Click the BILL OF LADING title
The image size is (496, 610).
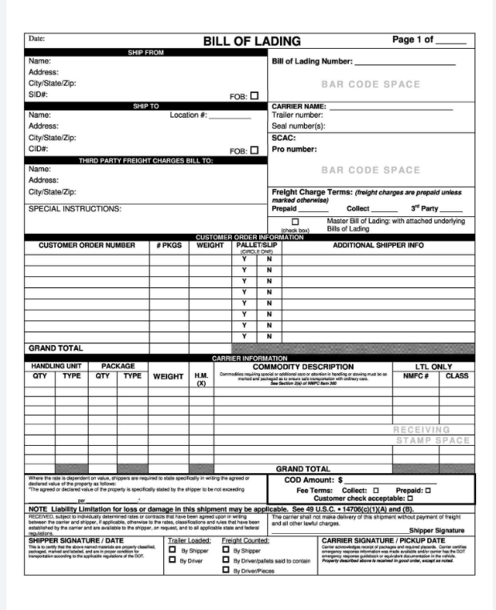[251, 41]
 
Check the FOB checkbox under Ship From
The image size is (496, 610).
[254, 95]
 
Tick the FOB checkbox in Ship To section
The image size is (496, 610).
[254, 150]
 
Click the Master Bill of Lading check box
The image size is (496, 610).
[295, 222]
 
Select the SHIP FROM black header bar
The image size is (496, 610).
[146, 52]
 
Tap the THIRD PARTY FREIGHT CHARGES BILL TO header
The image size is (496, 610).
[146, 160]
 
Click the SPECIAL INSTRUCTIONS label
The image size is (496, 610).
[75, 209]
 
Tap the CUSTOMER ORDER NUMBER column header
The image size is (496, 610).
[86, 246]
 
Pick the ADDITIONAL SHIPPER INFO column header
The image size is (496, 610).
[378, 246]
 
